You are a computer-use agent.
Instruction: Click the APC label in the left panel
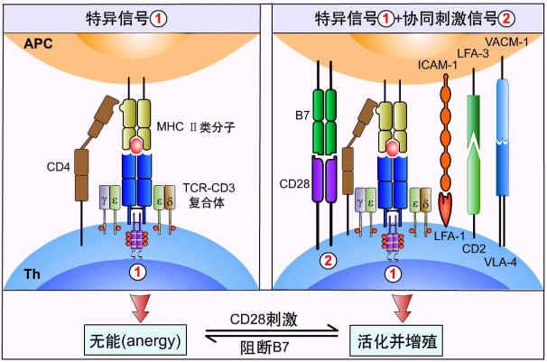point(39,43)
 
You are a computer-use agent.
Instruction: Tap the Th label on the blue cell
point(32,274)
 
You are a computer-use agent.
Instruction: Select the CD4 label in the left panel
point(59,167)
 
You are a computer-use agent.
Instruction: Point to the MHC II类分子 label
point(196,126)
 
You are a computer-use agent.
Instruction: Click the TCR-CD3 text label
point(209,188)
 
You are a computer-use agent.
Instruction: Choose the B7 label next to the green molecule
point(302,115)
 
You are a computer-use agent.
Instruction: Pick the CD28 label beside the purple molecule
point(294,183)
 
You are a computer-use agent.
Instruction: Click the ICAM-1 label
point(437,65)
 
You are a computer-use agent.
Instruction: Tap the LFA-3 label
point(473,53)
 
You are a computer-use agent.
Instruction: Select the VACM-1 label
point(506,42)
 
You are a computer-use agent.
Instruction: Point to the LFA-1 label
point(450,237)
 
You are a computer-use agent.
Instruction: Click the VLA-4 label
point(500,262)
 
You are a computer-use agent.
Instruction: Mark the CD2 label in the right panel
point(474,249)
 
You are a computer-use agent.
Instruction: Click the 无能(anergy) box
point(135,339)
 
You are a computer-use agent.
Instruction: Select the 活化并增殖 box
point(396,340)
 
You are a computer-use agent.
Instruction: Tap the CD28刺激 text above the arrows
point(264,319)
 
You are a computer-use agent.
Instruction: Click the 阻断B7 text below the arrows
point(264,348)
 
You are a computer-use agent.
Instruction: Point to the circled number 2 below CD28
point(329,261)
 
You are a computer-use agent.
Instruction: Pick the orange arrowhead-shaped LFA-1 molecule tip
point(446,209)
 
